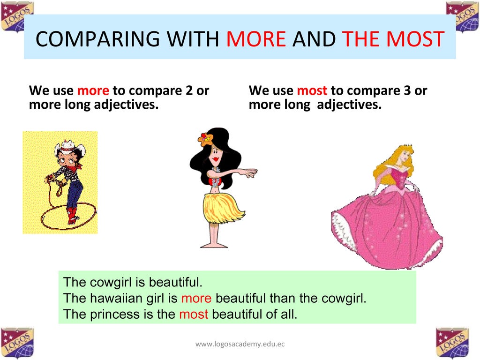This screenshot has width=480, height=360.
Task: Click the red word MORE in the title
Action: [256, 39]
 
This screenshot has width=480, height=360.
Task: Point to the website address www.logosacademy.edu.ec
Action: [240, 344]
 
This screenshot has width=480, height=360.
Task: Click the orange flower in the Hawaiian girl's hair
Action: [205, 139]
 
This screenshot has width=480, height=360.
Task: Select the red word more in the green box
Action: [196, 298]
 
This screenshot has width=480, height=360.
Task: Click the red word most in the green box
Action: [193, 314]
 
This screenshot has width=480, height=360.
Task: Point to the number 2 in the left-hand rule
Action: [189, 90]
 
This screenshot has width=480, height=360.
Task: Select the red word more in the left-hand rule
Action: [93, 90]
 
